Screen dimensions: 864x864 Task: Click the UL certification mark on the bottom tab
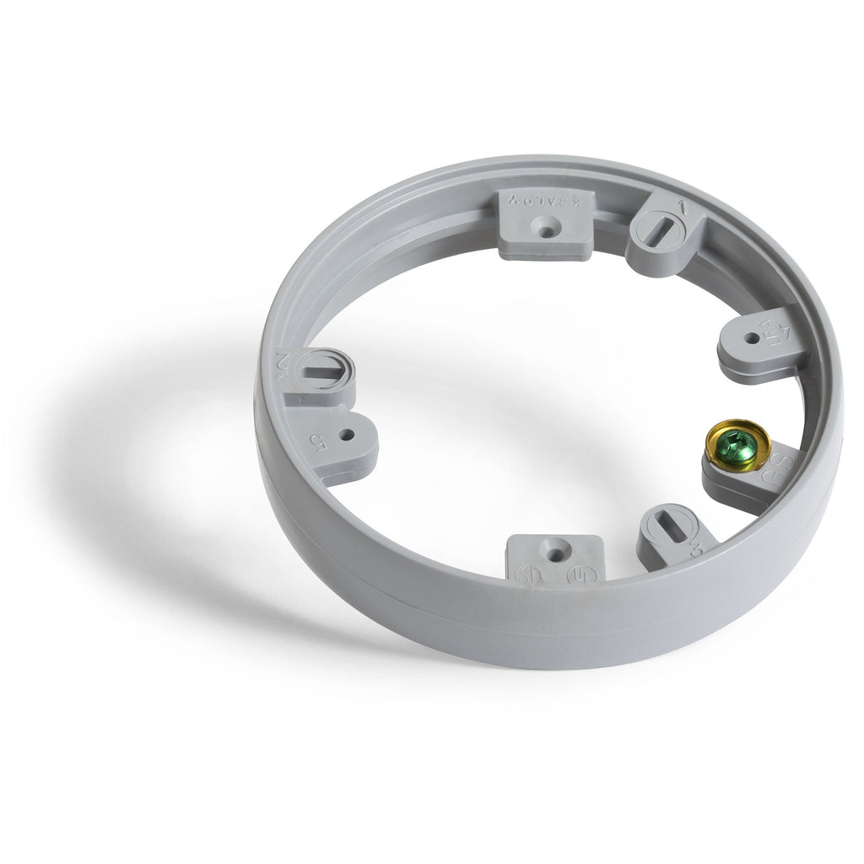pyautogui.click(x=581, y=575)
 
